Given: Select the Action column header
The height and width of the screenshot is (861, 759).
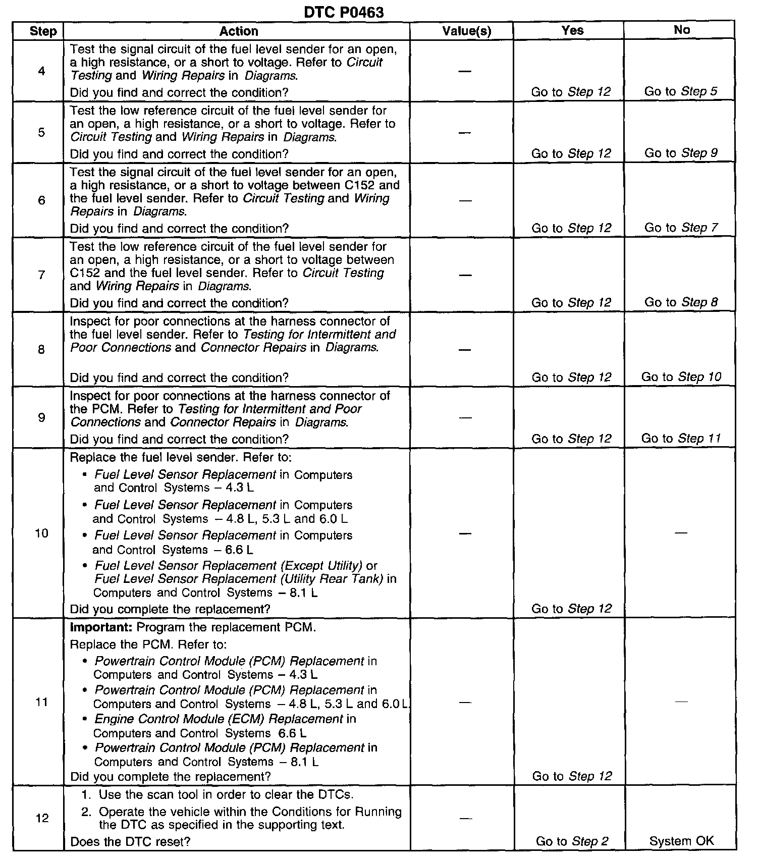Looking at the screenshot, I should pyautogui.click(x=238, y=31).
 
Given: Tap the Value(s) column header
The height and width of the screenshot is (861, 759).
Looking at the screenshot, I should pyautogui.click(x=466, y=31).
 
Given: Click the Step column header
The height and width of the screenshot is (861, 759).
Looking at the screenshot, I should pyautogui.click(x=43, y=31).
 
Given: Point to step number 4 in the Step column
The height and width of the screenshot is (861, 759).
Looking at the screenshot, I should pyautogui.click(x=41, y=71).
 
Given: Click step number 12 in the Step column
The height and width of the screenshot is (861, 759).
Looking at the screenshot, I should pyautogui.click(x=42, y=818).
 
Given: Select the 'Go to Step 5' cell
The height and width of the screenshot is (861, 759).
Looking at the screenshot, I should pyautogui.click(x=680, y=91).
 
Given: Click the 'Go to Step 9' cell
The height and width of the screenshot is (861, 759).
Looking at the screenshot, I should pyautogui.click(x=680, y=153).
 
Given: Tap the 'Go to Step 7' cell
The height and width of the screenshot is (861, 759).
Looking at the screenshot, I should pyautogui.click(x=680, y=228).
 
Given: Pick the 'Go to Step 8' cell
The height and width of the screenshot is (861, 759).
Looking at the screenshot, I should pyautogui.click(x=680, y=302).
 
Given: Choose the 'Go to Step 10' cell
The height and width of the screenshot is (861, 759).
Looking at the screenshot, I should pyautogui.click(x=681, y=377).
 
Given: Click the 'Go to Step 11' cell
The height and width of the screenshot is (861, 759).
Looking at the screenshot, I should pyautogui.click(x=681, y=439).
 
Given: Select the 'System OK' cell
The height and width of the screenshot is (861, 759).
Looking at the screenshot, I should pyautogui.click(x=681, y=841).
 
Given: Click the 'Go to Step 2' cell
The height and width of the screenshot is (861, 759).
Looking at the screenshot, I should pyautogui.click(x=572, y=841).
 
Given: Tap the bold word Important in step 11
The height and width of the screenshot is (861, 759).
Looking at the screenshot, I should pyautogui.click(x=101, y=628).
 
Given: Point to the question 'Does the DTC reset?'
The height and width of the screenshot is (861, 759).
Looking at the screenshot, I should pyautogui.click(x=130, y=841).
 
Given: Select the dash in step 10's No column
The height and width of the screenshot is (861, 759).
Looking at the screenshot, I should pyautogui.click(x=681, y=533).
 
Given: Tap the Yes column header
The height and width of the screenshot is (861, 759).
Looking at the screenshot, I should pyautogui.click(x=572, y=30).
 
